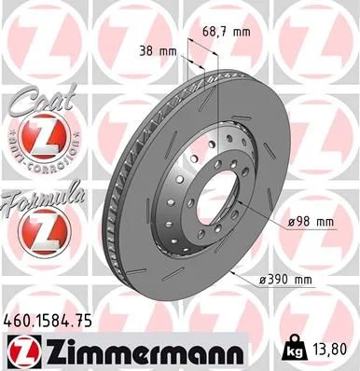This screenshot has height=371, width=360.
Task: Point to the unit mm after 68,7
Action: pyautogui.click(x=242, y=33)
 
